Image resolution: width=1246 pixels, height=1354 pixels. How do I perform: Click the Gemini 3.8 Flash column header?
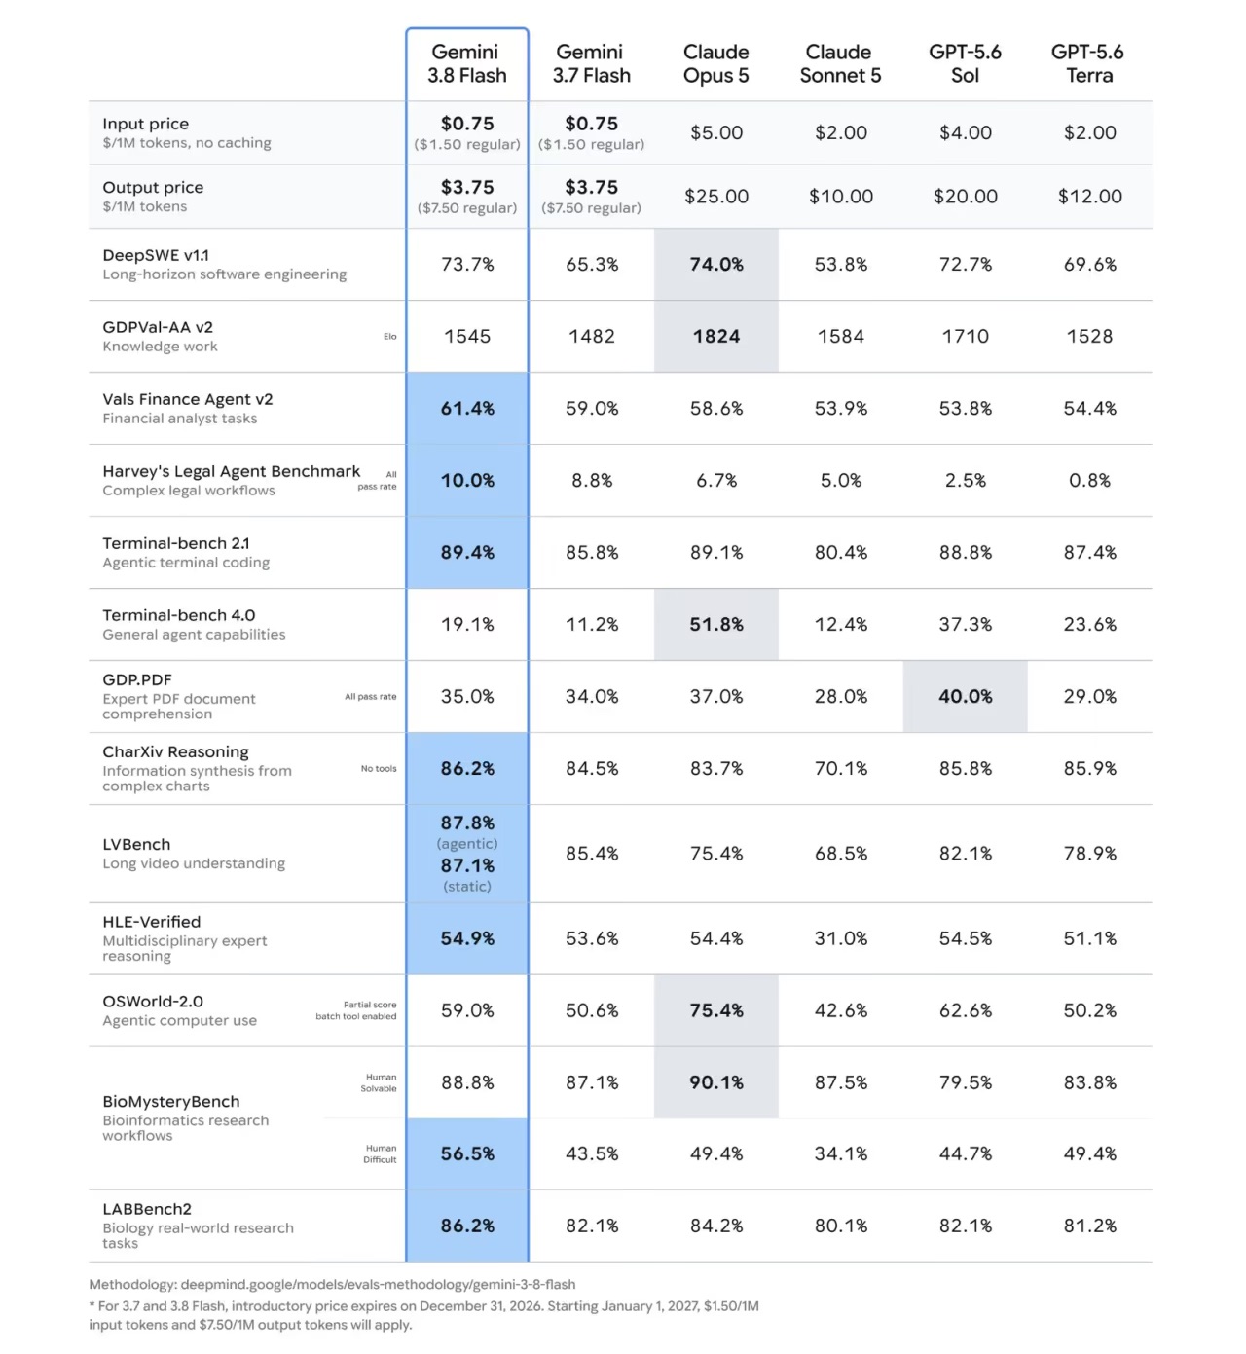(x=466, y=63)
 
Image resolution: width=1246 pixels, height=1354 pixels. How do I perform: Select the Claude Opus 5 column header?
(x=715, y=63)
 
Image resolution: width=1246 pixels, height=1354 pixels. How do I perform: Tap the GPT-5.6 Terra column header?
(x=1087, y=63)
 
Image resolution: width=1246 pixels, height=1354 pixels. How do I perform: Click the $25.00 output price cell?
(x=715, y=197)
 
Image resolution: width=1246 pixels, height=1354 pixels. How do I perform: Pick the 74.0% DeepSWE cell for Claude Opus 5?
(x=715, y=264)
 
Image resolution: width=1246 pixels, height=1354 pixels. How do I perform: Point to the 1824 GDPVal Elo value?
(x=715, y=336)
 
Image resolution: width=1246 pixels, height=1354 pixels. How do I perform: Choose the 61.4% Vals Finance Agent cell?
(x=467, y=409)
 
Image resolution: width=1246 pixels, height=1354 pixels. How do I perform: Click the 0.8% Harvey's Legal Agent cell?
(x=1088, y=480)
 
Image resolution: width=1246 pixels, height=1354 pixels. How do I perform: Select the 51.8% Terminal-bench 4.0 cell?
(x=715, y=624)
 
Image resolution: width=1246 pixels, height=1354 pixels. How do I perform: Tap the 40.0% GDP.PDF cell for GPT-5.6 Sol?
(x=965, y=696)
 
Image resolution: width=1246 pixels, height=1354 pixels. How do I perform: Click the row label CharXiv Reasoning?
(x=175, y=751)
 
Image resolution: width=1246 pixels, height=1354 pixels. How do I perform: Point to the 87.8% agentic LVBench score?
(x=467, y=823)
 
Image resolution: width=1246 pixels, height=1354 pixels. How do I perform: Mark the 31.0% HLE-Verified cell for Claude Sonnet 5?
(x=840, y=938)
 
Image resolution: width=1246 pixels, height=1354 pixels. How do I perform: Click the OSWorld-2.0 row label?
(x=153, y=1001)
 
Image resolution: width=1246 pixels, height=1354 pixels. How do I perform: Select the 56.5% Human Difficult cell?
(x=467, y=1153)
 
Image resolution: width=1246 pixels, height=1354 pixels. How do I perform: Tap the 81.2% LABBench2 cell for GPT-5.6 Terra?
(x=1088, y=1226)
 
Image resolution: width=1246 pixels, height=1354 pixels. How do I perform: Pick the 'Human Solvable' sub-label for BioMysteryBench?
(x=379, y=1082)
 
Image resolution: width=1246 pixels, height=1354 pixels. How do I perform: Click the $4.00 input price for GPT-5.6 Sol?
(x=965, y=132)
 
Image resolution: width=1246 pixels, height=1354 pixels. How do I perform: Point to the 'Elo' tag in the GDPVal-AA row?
(x=390, y=336)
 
